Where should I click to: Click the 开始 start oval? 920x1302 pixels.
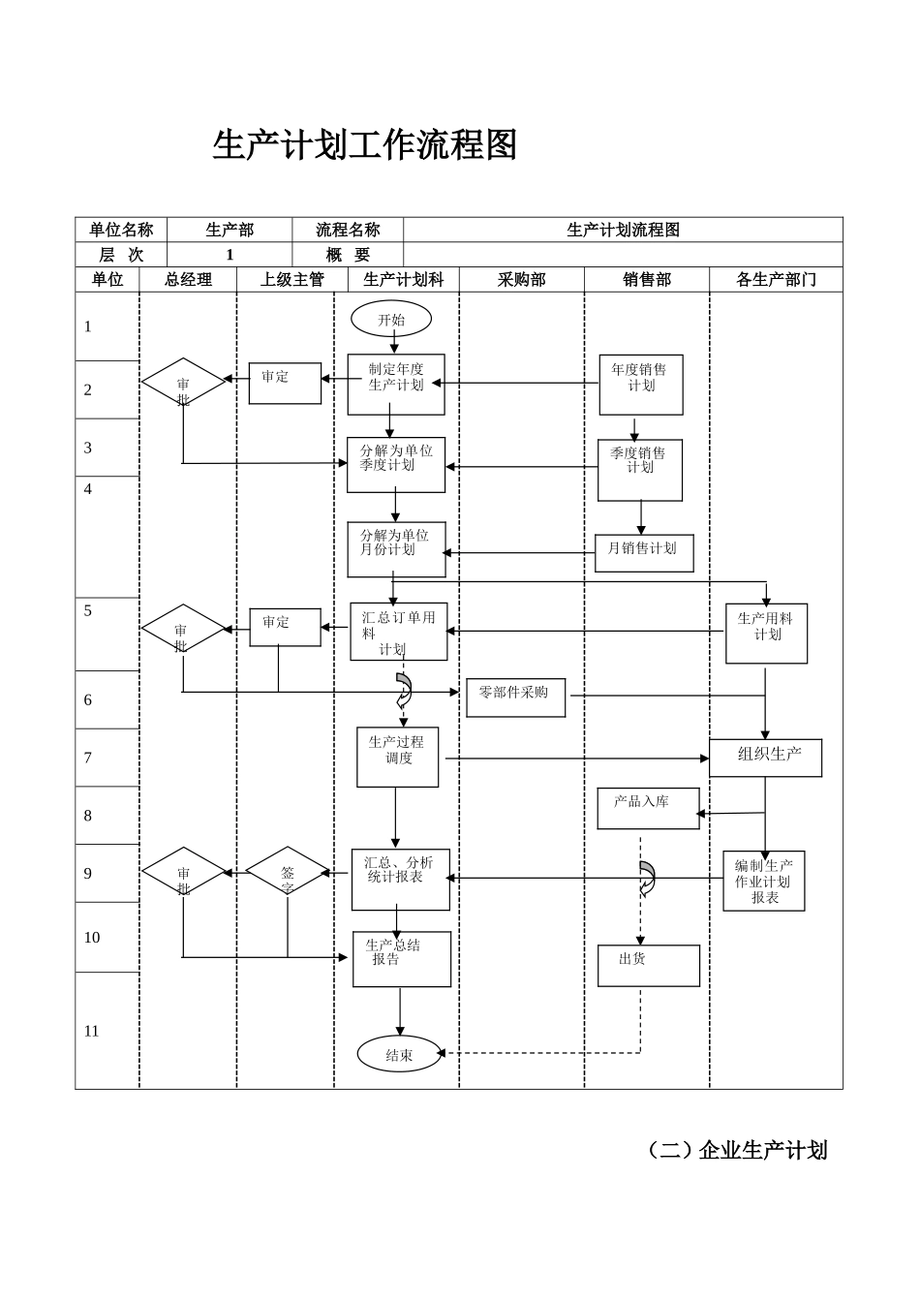(391, 319)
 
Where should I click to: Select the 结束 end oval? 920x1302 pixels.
(399, 1054)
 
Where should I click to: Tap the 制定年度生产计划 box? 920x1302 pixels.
(396, 384)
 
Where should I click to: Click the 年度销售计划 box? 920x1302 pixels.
(640, 385)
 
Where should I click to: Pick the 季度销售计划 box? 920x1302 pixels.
(639, 470)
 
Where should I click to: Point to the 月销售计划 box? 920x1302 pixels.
(643, 552)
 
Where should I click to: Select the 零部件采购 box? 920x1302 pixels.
(515, 697)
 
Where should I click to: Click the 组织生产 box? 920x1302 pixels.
(765, 758)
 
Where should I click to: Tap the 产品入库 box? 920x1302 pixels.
(647, 808)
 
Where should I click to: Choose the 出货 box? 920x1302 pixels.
(647, 965)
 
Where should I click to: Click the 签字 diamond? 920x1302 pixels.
(288, 872)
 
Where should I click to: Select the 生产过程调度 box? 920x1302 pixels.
(397, 757)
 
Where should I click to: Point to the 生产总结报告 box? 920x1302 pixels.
(401, 958)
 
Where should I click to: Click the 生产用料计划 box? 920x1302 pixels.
(766, 634)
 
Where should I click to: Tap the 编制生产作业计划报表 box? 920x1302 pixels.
(763, 881)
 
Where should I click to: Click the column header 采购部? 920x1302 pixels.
(521, 279)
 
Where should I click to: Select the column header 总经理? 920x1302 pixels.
(188, 279)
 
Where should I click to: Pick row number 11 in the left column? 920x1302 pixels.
(92, 1031)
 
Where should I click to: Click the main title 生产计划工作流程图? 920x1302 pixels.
(365, 145)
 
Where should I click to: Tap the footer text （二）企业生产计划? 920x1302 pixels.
(737, 1150)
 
